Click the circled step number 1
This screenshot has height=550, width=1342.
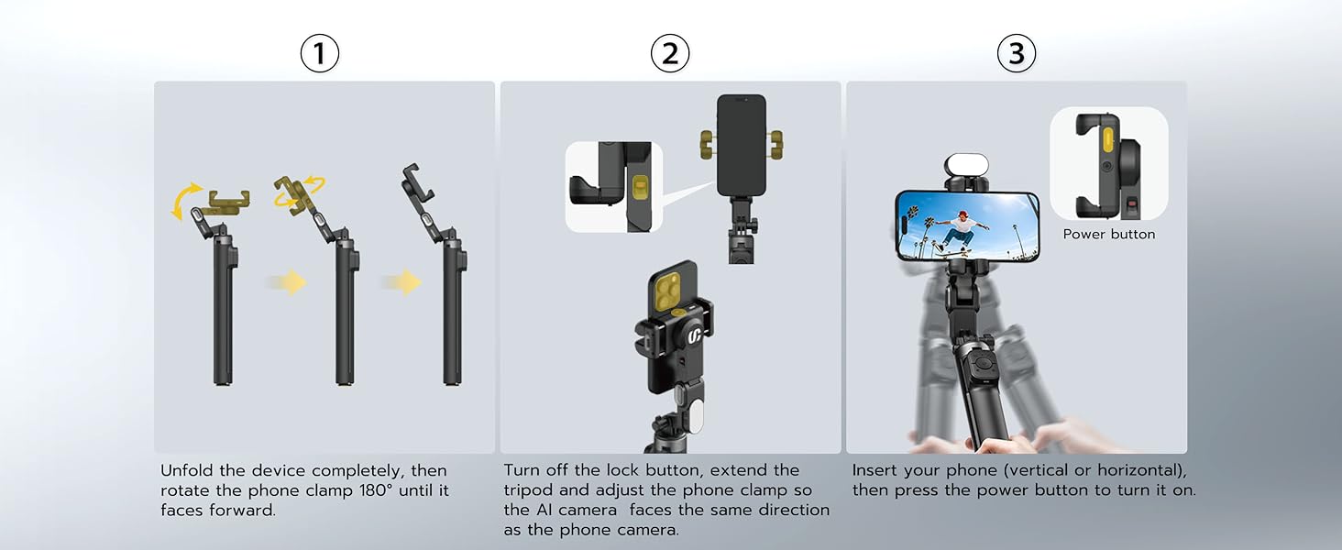319,53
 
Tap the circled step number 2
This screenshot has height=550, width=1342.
670,53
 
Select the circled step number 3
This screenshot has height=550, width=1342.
1016,53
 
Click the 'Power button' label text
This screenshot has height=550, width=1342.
1109,235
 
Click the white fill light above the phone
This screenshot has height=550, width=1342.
966,165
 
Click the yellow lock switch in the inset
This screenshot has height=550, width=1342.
641,190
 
